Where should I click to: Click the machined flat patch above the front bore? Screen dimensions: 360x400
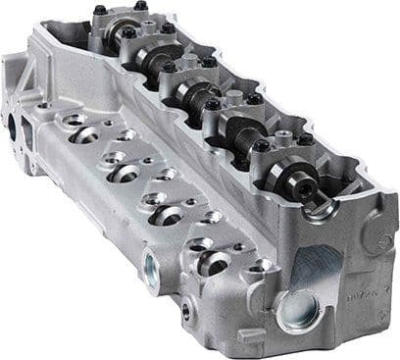point(315,264)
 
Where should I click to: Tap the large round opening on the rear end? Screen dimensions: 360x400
point(13,128)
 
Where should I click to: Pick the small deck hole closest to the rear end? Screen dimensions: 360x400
point(44,105)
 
